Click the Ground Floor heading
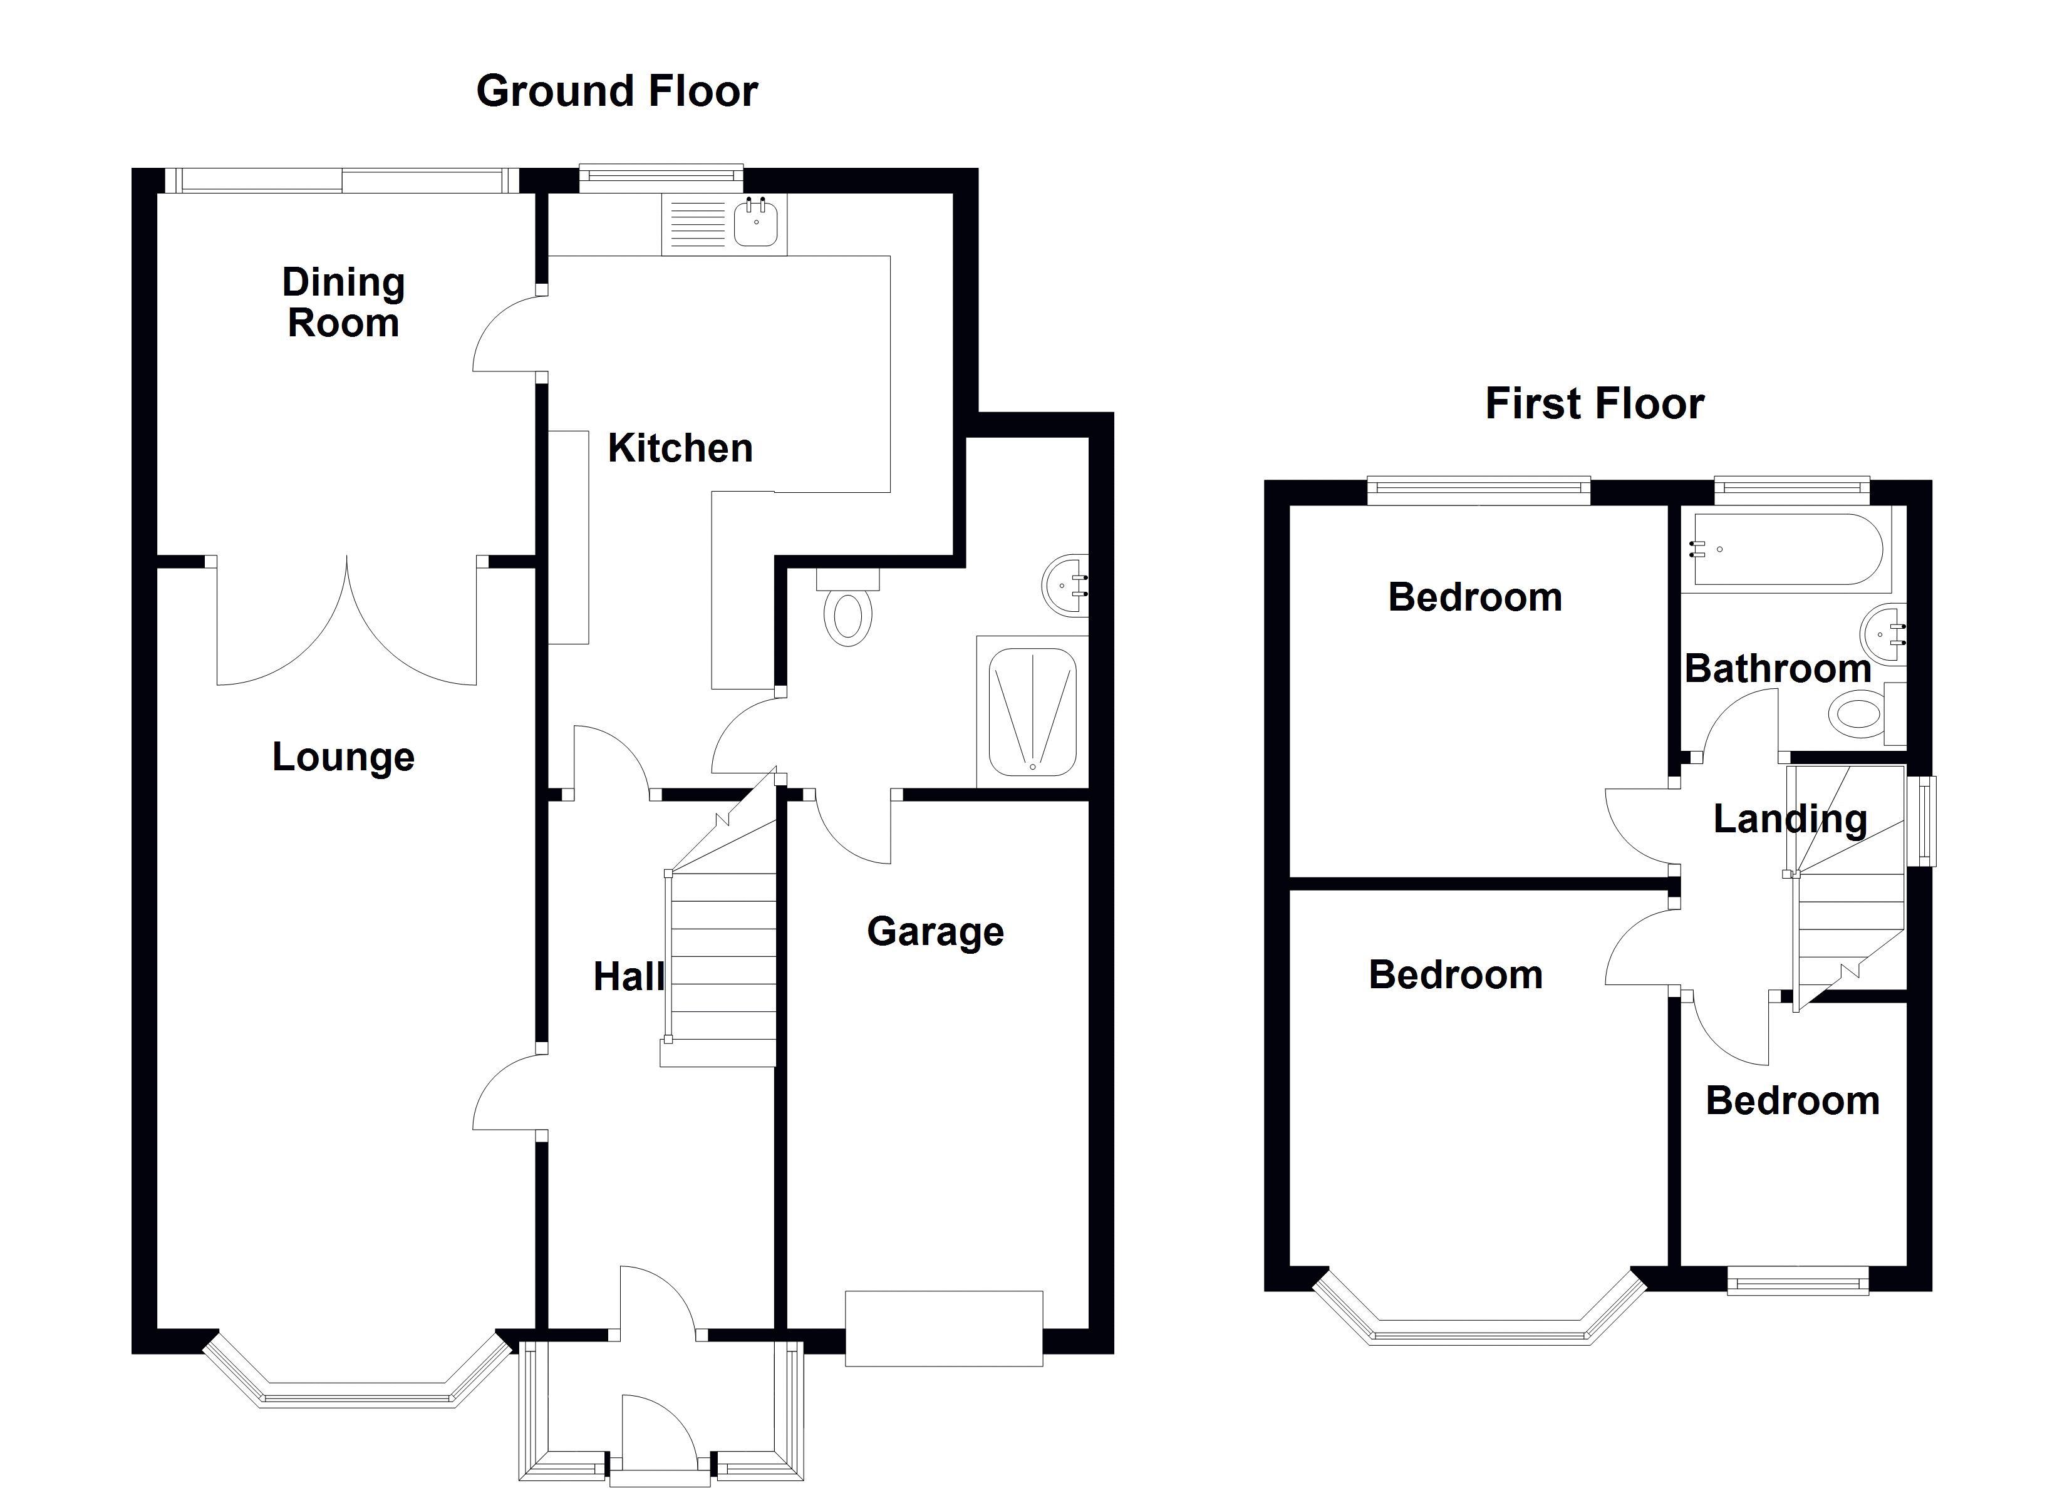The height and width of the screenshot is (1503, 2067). (617, 91)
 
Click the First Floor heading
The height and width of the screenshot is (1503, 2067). (1594, 404)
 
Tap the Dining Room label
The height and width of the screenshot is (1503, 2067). (344, 302)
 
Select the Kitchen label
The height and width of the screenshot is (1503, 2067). (680, 448)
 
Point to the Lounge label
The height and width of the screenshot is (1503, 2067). (344, 757)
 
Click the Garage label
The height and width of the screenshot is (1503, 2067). (935, 931)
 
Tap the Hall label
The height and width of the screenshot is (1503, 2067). (629, 977)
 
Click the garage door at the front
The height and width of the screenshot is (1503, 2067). (943, 1328)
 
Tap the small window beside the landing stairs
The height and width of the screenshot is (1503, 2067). (1925, 820)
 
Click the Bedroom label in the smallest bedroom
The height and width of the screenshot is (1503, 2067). (1792, 1101)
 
